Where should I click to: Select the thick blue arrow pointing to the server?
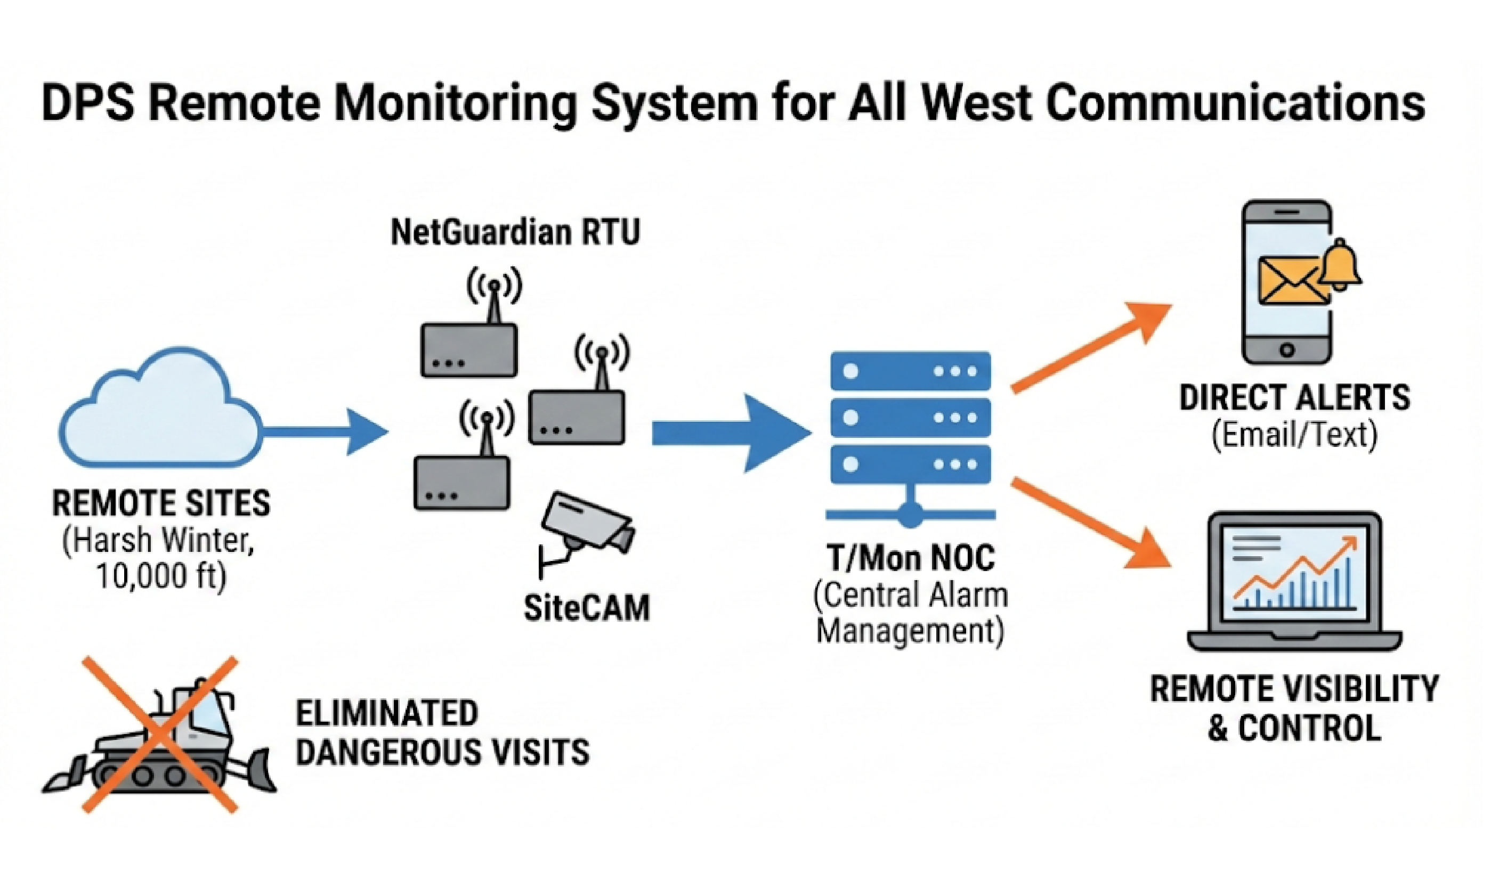730,432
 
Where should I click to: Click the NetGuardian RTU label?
515,232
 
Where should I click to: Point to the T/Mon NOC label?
911,558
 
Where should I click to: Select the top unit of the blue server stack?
911,371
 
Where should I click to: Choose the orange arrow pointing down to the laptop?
1089,524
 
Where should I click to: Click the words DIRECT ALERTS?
1294,398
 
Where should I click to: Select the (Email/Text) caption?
1294,435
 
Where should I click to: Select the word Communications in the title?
1236,103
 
